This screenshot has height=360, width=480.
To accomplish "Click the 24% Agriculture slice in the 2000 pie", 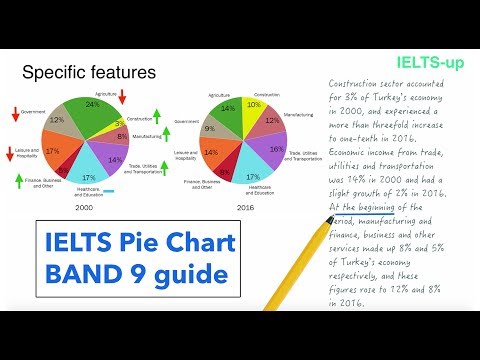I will pos(92,108).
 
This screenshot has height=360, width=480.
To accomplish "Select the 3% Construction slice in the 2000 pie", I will pos(119,123).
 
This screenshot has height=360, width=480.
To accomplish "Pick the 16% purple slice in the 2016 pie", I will pos(276,150).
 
